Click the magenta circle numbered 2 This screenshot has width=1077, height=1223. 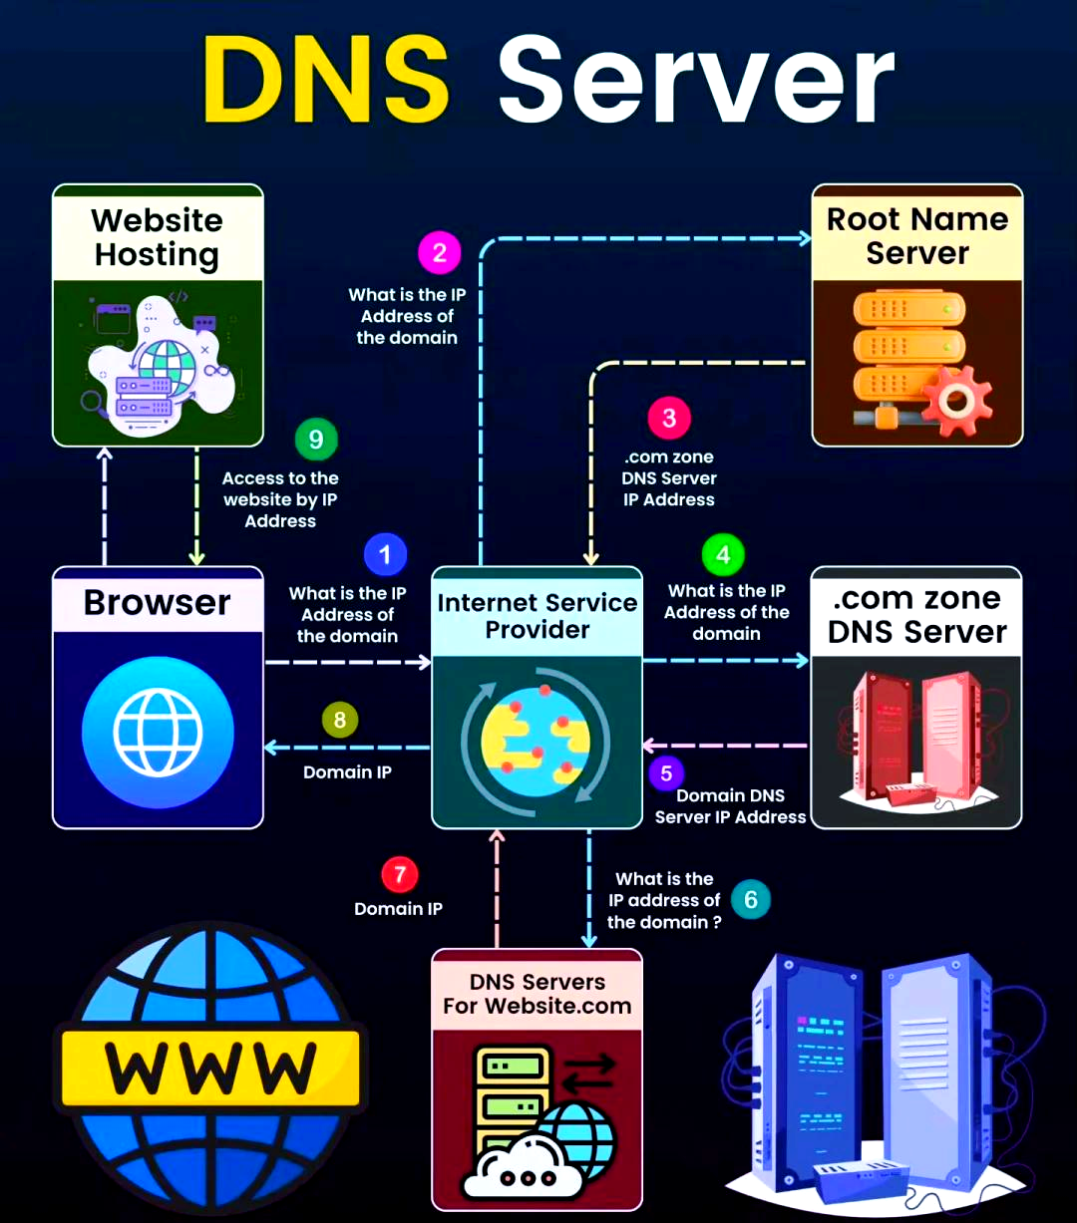coord(440,252)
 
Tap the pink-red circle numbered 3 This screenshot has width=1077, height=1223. coord(669,418)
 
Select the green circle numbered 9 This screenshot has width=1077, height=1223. coord(316,439)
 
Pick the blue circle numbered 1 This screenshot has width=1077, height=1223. coord(385,554)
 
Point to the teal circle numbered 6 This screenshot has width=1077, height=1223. coord(750,899)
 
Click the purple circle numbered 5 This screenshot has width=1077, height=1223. coord(666,773)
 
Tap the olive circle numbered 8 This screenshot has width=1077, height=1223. coord(340,720)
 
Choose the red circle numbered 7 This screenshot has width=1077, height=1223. coord(399,874)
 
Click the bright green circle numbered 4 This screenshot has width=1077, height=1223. coord(723,554)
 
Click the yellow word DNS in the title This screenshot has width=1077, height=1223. coord(325,79)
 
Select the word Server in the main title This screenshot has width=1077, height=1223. coord(696,79)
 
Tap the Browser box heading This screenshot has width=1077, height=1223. coord(158,602)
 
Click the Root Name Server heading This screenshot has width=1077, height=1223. coord(917,236)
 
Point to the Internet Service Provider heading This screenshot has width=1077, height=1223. coord(537,616)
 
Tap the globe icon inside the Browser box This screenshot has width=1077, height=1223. coord(158,733)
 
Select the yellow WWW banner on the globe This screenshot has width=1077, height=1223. coord(210,1068)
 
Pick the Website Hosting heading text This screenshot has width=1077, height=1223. coord(157,236)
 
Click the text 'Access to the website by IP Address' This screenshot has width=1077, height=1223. coord(280,499)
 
